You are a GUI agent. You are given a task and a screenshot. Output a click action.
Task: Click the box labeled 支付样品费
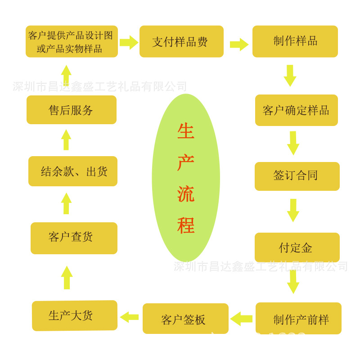pos(181,41)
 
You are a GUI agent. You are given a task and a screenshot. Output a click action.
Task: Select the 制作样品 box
pos(295,41)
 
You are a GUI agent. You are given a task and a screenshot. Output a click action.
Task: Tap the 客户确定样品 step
pos(296,110)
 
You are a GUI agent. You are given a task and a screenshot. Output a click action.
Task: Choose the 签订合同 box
pos(297,176)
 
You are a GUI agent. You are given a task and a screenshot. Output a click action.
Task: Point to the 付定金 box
pos(297,247)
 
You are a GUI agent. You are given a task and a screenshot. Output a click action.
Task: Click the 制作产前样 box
pos(298,318)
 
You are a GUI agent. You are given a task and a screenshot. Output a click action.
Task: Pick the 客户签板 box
pos(185,319)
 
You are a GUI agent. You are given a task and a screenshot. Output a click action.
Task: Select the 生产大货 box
pos(75,315)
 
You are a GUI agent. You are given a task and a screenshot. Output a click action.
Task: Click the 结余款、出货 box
pos(73,171)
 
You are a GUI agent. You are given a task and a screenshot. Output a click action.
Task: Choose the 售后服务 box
pos(72,110)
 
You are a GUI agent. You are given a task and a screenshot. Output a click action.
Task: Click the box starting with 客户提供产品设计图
pos(72,41)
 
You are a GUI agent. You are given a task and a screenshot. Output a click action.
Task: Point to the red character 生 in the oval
pos(185,131)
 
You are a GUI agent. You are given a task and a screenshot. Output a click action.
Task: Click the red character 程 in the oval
pos(185,225)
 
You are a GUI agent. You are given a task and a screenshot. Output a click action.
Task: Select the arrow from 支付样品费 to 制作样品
pos(239,44)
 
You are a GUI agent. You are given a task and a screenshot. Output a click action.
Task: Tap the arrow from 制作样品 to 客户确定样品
pos(290,75)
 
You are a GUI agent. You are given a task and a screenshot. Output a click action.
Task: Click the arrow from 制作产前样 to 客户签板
pos(242,319)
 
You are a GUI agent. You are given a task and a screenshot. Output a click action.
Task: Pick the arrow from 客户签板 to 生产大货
pos(129,317)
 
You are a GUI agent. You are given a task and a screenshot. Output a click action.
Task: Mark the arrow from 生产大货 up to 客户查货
pos(67,277)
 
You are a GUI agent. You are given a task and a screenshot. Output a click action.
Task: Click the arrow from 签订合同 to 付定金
pos(293,210)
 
